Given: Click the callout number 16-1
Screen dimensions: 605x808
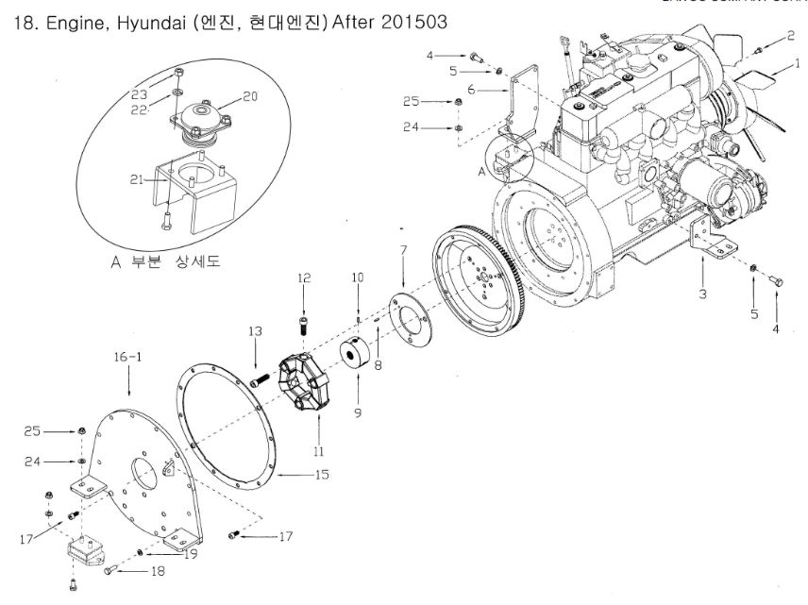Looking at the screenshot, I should tap(126, 360).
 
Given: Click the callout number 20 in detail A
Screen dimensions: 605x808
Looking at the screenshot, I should tap(249, 95).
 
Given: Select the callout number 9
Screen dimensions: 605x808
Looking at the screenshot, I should tap(357, 412).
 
